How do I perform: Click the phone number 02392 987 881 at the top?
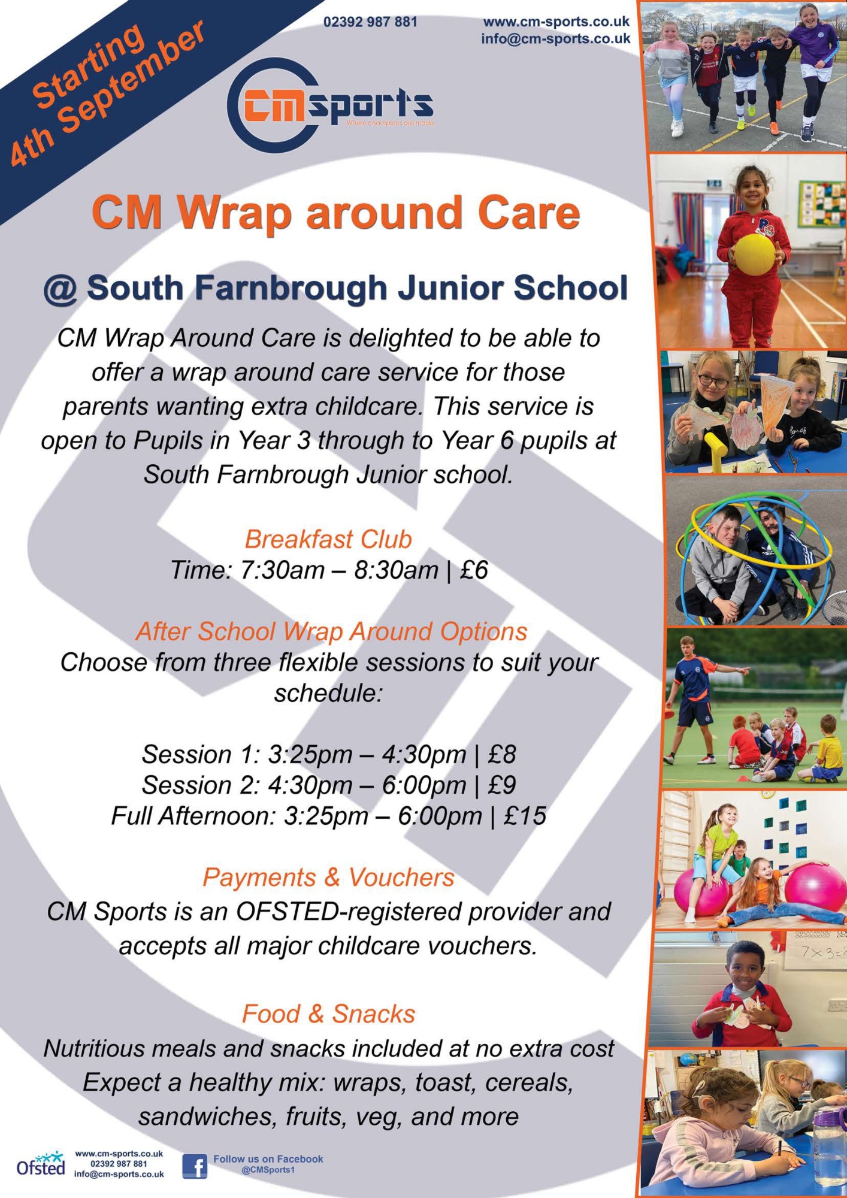(x=370, y=22)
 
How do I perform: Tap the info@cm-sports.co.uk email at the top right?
(x=555, y=39)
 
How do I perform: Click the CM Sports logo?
(x=330, y=105)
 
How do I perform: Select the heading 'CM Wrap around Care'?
(x=335, y=212)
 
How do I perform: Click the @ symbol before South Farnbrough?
(x=60, y=289)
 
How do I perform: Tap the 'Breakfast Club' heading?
(x=328, y=539)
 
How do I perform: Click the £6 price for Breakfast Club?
(x=474, y=570)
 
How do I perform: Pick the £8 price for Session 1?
(x=501, y=754)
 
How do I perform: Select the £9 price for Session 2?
(x=501, y=785)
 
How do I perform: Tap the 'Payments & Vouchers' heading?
(x=328, y=878)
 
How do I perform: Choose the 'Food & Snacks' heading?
(x=328, y=1014)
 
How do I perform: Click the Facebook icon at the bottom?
(x=195, y=1166)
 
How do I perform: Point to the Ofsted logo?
(x=41, y=1164)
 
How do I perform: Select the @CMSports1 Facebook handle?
(x=268, y=1170)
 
